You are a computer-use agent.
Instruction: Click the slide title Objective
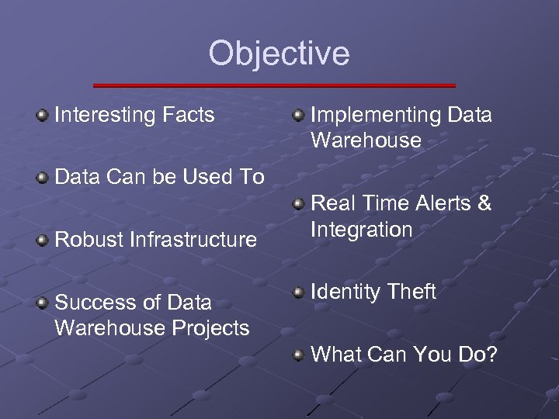coord(279,54)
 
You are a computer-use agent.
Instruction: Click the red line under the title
coord(274,85)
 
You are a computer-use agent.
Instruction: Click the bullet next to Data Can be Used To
coord(42,178)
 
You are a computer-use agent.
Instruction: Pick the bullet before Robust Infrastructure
coord(42,241)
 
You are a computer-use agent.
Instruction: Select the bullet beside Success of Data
coord(42,303)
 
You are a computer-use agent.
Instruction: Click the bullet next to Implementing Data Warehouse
coord(298,116)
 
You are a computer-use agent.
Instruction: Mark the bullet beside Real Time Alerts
coord(298,205)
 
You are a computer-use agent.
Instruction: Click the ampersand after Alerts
coord(484,204)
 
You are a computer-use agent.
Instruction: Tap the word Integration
coord(362,230)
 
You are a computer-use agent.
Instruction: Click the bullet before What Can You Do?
coord(298,355)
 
